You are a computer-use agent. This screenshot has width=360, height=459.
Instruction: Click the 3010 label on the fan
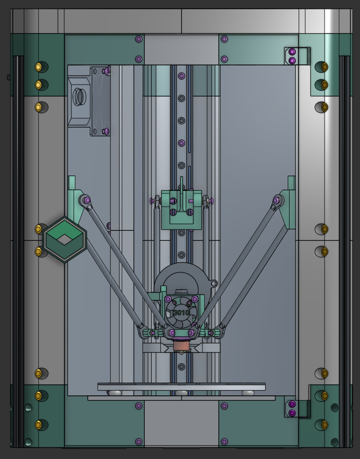coord(181,313)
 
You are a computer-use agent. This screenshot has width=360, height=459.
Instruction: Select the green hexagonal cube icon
coord(64,239)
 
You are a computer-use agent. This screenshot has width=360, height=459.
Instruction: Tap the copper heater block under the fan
coord(181,346)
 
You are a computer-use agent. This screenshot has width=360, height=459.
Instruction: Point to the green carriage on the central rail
coord(182,210)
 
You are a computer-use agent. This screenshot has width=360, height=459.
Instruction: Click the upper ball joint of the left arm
coord(86,200)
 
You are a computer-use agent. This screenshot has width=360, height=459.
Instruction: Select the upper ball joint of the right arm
coord(276,200)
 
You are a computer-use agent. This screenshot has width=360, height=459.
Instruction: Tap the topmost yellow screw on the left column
coord(39,67)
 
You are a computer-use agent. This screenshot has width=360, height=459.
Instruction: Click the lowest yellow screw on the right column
coord(325,425)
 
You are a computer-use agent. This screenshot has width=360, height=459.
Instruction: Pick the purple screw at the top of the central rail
coord(182,76)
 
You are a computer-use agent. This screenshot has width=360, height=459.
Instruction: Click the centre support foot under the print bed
coord(182,393)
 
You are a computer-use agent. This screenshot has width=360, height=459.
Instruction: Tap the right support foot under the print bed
coord(248,393)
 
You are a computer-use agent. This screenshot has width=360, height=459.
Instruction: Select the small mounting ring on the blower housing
coord(212,283)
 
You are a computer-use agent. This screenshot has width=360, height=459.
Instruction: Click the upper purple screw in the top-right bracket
coord(292,52)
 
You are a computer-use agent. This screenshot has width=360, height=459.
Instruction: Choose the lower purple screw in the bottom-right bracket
coord(292,413)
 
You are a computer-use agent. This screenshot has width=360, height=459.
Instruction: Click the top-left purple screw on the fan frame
coord(168,299)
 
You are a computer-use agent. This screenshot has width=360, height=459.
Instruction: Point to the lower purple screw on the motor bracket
coord(106,132)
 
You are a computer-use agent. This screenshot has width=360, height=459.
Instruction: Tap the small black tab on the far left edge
coord(9,77)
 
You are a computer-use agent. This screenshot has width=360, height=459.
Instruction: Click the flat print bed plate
coord(182,387)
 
